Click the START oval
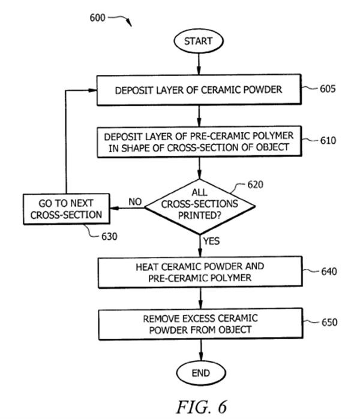[198, 41]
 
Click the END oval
[200, 372]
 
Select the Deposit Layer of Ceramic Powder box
[199, 91]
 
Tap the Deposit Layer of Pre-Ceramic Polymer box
[199, 141]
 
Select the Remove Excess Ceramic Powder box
[199, 324]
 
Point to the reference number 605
[327, 89]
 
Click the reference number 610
[328, 141]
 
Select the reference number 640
[328, 270]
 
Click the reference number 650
[328, 322]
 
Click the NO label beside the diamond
[136, 203]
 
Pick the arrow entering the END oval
[200, 350]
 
